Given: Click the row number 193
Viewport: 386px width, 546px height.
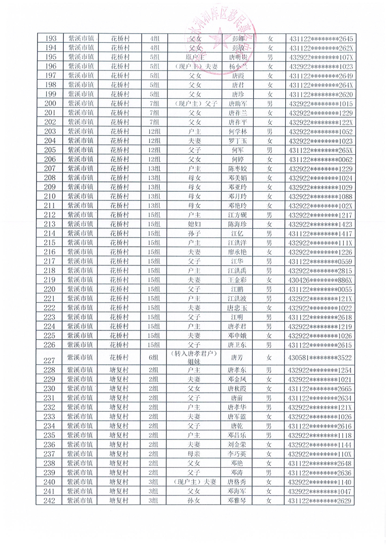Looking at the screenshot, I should tap(51, 38).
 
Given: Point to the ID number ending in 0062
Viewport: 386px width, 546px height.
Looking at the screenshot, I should tap(321, 159).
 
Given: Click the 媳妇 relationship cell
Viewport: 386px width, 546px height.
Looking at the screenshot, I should tap(194, 224).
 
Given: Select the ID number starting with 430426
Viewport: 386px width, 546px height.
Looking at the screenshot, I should tap(321, 280).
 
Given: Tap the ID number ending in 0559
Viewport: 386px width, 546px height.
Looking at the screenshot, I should tap(321, 261).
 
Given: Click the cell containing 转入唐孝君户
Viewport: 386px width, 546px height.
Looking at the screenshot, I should tap(194, 353).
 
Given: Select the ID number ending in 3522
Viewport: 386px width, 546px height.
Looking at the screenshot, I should tap(321, 358).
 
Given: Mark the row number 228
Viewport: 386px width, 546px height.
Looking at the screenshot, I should tap(51, 370).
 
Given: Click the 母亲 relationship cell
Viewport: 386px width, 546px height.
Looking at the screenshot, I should tap(194, 454).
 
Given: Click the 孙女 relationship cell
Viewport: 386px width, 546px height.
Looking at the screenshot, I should tap(194, 500).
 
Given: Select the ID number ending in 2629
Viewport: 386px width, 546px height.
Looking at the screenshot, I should tap(321, 500).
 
